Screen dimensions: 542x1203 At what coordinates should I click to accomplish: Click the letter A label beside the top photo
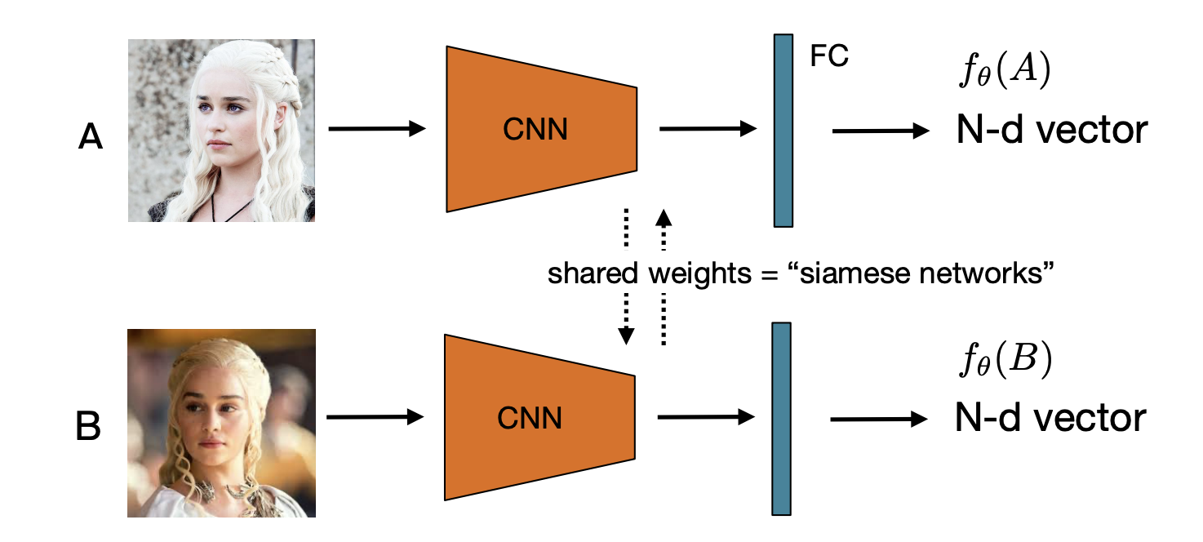(x=91, y=138)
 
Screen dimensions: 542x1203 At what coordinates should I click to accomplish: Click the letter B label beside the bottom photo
(x=88, y=428)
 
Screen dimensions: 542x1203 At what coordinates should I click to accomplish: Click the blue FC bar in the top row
(x=784, y=130)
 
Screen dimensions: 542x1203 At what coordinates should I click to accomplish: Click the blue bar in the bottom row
(x=781, y=419)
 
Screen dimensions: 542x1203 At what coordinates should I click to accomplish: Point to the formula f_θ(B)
(x=1004, y=362)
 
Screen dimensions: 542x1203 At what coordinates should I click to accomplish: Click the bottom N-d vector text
(x=1050, y=419)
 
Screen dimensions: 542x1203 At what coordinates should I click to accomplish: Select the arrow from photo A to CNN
(x=376, y=129)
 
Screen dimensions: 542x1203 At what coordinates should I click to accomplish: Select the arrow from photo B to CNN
(x=375, y=417)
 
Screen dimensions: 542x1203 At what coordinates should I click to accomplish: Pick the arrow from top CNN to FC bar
(x=708, y=129)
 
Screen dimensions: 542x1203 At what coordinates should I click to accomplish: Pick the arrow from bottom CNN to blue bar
(x=705, y=417)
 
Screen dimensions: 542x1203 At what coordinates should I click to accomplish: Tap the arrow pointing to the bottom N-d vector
(x=879, y=419)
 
